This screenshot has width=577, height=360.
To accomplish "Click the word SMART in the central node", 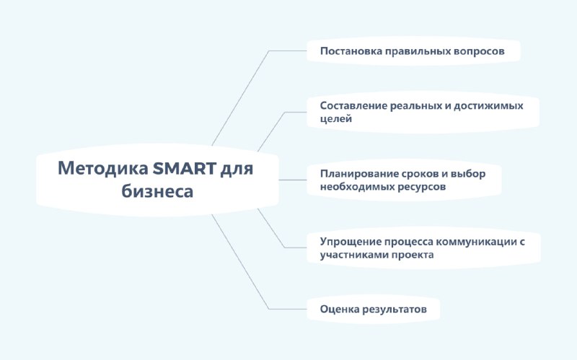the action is [185, 169].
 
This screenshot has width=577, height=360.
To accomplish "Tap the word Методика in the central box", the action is [102, 169].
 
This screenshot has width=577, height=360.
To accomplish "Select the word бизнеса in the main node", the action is [157, 191].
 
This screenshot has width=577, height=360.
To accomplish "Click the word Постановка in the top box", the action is [351, 51].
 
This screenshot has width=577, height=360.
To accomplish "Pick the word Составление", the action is [353, 105].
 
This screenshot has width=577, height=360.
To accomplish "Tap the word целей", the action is [336, 119].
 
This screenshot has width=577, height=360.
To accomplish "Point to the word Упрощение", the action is [350, 242].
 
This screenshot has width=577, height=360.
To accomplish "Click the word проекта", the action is [413, 255].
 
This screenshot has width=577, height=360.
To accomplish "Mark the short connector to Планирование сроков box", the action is [293, 180].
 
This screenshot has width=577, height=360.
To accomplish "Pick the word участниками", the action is [354, 255].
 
